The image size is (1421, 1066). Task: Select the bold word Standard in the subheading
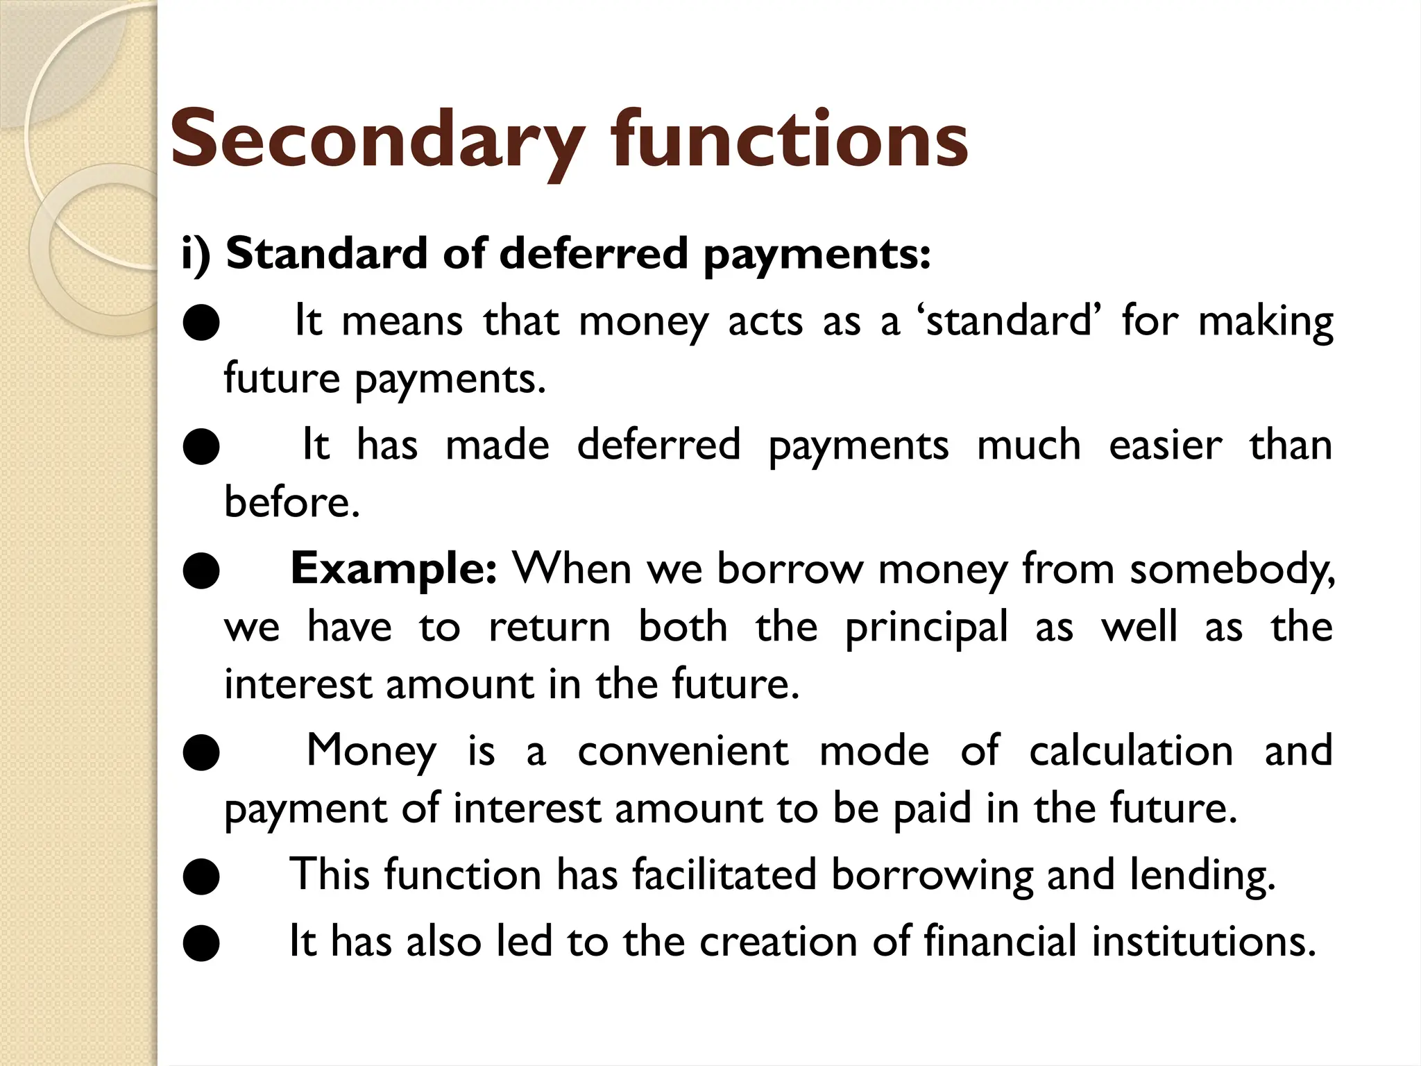coord(327,253)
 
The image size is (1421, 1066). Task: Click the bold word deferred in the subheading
coord(593,253)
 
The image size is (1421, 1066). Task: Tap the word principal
coord(926,627)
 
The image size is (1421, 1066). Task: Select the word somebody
coord(1232,570)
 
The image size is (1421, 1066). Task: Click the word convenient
coord(683,751)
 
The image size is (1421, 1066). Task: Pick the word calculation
coord(1130,751)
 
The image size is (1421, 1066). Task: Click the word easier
coord(1165,445)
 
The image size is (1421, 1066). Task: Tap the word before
coord(291,502)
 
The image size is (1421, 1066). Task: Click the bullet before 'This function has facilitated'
coord(201,877)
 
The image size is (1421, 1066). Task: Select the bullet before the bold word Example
coord(201,571)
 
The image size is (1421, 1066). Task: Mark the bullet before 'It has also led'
coord(201,944)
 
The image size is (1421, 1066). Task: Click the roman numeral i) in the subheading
coord(196,255)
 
